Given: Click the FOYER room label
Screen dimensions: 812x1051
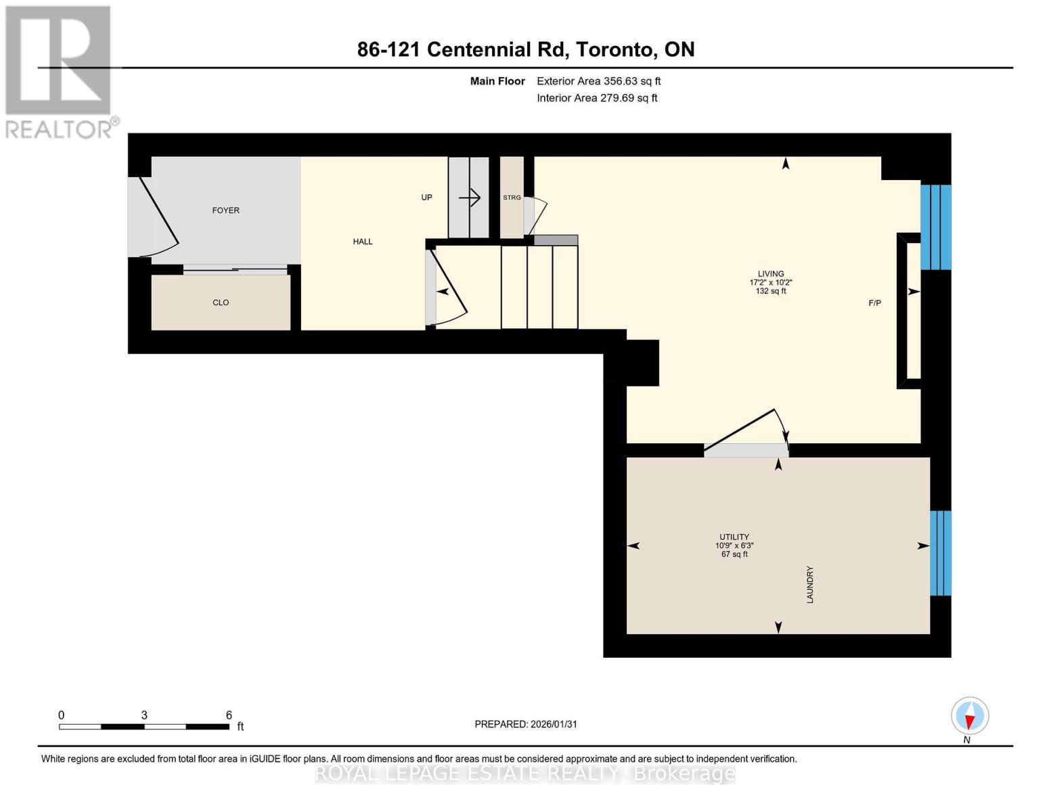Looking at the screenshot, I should [x=225, y=210].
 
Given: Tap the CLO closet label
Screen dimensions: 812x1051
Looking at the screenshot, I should [x=221, y=302].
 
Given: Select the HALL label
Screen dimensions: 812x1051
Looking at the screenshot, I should [x=363, y=242].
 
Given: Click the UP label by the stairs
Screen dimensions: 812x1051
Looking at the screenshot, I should [x=426, y=198].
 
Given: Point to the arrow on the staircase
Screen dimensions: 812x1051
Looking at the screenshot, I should [x=470, y=198].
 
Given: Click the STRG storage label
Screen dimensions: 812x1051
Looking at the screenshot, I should [x=512, y=198].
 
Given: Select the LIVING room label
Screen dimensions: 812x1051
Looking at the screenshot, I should [x=771, y=274].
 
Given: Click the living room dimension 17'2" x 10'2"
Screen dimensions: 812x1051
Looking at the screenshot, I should [x=771, y=283].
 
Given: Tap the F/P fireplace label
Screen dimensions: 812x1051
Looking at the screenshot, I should [x=874, y=303].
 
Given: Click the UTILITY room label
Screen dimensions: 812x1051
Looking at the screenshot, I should [x=734, y=537].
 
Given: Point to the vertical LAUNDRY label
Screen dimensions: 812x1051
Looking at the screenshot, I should [x=810, y=585].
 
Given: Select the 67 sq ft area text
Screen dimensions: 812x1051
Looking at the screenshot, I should [x=734, y=554].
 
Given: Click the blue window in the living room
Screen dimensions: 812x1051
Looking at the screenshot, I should [x=936, y=227].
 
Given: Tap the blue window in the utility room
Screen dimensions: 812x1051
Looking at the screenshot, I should [x=940, y=553].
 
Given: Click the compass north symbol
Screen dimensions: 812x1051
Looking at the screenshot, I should [x=970, y=716].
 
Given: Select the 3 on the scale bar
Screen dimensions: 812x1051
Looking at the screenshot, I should [x=144, y=715].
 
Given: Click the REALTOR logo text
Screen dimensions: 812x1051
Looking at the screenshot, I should [x=60, y=129].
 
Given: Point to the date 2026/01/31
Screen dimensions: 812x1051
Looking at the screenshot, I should [x=553, y=724].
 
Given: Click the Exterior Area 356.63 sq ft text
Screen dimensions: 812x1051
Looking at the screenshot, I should [x=598, y=81].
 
